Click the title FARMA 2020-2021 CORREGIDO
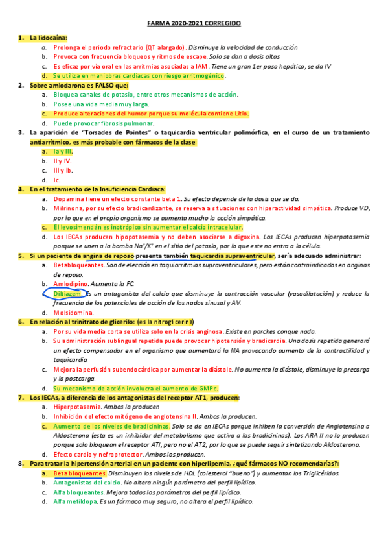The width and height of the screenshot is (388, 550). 194,23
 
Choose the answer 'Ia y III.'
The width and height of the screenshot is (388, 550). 63,151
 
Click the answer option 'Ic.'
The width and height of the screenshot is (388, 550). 57,180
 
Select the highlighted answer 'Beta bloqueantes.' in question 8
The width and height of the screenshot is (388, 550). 80,473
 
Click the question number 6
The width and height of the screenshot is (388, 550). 21,322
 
